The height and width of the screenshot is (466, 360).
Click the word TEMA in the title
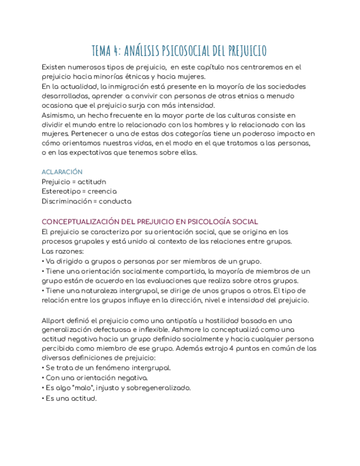[101, 51]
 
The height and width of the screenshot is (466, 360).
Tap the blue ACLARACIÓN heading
[62, 172]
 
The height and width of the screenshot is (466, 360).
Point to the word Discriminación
[65, 201]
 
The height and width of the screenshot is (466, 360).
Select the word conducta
[115, 201]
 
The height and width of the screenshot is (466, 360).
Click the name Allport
[53, 320]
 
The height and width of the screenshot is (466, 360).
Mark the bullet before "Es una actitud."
[43, 398]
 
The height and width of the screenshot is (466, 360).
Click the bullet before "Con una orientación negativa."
[43, 378]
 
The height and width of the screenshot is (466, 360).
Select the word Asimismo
[59, 115]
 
